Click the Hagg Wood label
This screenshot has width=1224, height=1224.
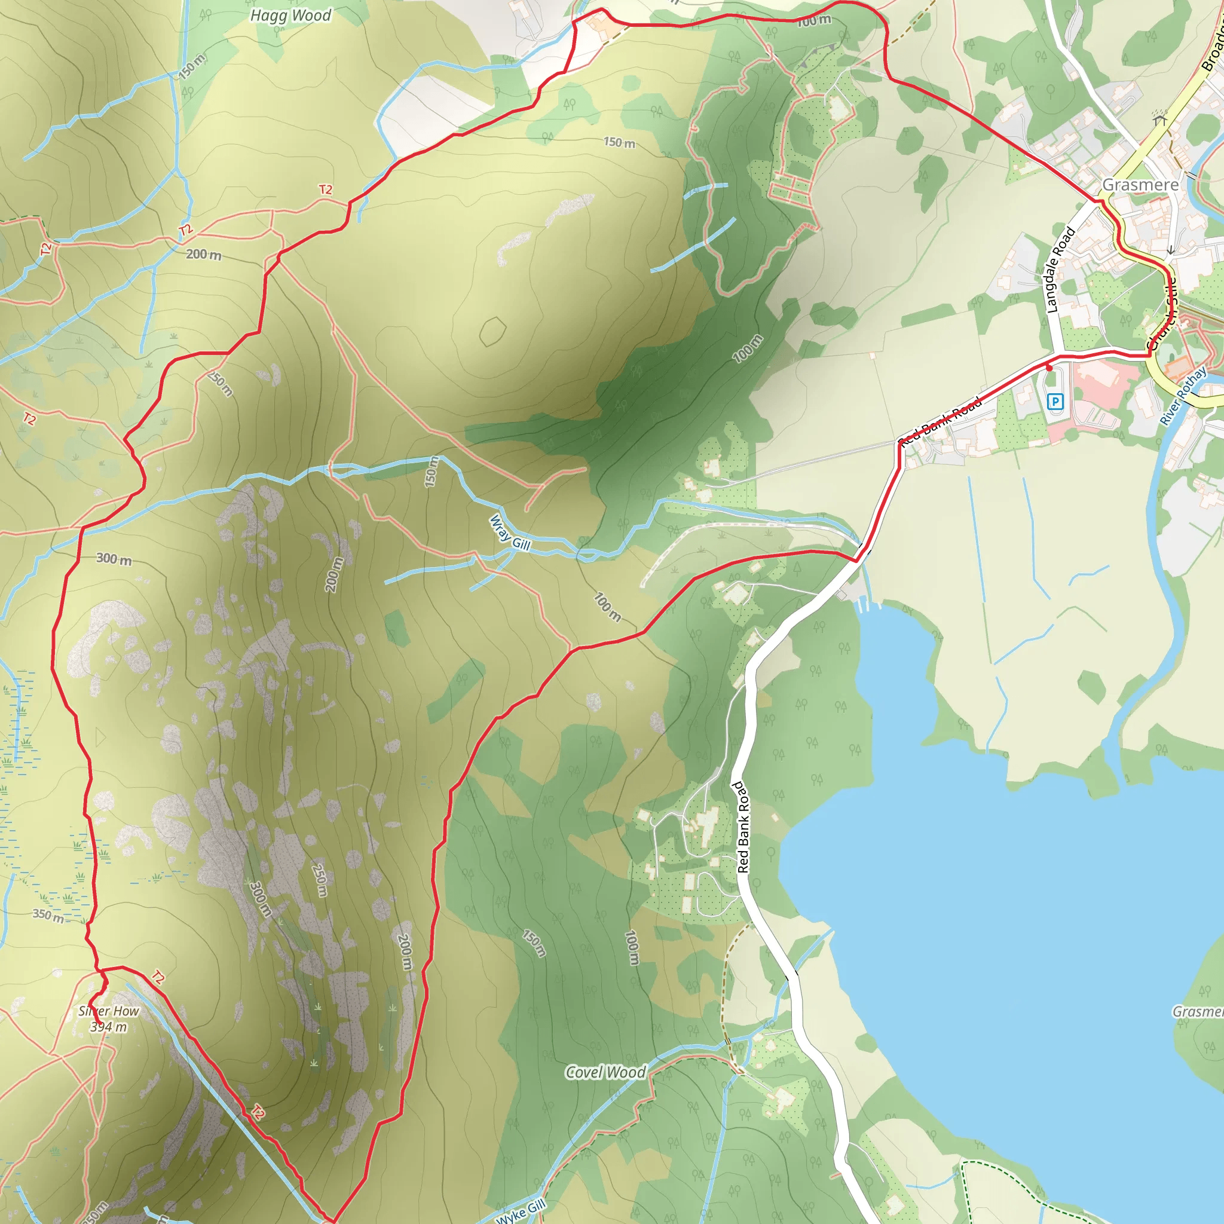click(291, 15)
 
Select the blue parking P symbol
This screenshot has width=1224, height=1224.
click(1055, 401)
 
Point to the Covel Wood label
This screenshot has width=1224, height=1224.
click(605, 1073)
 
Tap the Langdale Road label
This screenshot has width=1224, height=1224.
click(1060, 271)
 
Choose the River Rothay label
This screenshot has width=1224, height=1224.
click(1183, 397)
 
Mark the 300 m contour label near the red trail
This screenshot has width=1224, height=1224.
click(114, 559)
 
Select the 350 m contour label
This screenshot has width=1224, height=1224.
click(48, 916)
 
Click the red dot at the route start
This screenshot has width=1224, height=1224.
click(1049, 368)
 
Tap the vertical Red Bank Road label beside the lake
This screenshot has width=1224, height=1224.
click(742, 827)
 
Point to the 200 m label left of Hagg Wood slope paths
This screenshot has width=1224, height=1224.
click(203, 255)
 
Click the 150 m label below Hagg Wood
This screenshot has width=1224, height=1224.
click(192, 66)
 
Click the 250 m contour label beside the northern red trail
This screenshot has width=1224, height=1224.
click(221, 383)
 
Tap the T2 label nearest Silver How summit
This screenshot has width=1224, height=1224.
click(158, 978)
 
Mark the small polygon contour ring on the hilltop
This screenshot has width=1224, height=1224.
click(493, 331)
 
